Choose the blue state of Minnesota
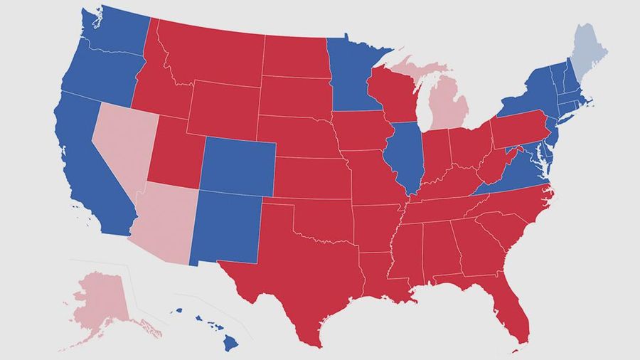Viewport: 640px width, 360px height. click(x=353, y=78)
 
